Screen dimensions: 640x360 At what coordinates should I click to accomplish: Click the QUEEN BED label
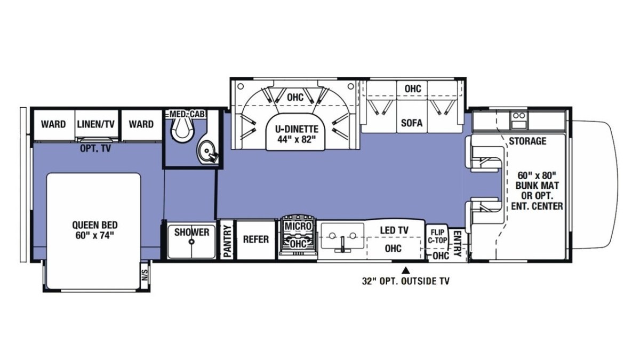(94, 230)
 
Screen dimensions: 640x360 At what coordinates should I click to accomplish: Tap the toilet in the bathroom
(182, 130)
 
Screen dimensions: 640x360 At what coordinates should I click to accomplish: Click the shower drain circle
(191, 242)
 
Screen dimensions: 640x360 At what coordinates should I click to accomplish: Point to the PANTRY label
(227, 241)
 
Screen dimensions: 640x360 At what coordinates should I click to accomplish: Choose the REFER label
(255, 239)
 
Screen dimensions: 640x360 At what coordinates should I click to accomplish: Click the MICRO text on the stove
(298, 226)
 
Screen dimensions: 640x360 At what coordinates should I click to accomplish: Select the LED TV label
(394, 230)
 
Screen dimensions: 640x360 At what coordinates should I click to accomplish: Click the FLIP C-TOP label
(437, 236)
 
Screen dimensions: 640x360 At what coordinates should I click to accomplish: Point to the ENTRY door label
(457, 243)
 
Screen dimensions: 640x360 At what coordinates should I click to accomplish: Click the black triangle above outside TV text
(406, 270)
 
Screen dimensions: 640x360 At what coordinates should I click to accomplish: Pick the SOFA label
(411, 123)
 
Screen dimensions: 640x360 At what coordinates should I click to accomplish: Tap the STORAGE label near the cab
(527, 141)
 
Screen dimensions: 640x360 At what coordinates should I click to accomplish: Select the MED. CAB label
(187, 114)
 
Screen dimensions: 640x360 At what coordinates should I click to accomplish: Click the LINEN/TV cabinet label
(95, 124)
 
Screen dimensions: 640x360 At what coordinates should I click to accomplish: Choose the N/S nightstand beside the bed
(145, 275)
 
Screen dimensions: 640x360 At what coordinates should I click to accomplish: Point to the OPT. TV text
(95, 149)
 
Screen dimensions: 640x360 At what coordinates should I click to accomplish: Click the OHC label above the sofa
(413, 89)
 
